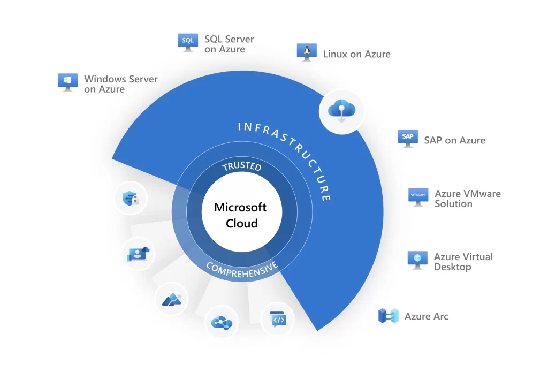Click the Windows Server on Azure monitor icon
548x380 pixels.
[x=68, y=82]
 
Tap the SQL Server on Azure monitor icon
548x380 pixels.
[x=188, y=42]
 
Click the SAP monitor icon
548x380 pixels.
[x=408, y=138]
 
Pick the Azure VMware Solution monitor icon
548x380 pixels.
[x=418, y=196]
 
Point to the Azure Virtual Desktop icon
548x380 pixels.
[x=417, y=260]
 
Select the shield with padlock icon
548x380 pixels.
[x=131, y=199]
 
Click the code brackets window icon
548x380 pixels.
[x=278, y=320]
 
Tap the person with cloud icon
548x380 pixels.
[x=138, y=254]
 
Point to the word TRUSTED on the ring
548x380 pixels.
[x=242, y=166]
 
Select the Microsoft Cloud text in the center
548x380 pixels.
[x=241, y=215]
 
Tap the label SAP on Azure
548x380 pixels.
[x=454, y=140]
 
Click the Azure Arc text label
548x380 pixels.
[x=426, y=316]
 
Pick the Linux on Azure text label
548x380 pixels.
[x=356, y=54]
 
